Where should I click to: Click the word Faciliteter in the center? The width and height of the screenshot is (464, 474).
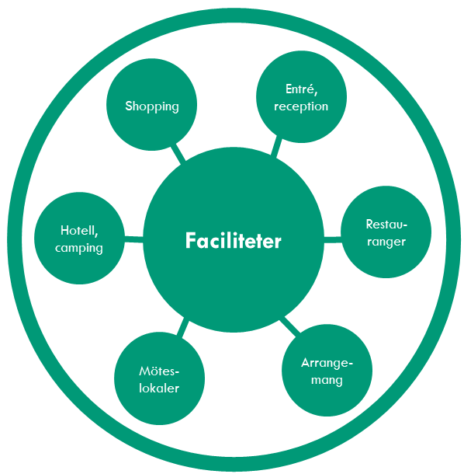(233, 241)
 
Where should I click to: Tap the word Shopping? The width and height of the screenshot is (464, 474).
(152, 106)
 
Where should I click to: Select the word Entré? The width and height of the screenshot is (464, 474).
(301, 89)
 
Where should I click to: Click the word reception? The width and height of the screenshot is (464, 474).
(301, 106)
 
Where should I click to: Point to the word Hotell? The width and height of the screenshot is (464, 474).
(79, 231)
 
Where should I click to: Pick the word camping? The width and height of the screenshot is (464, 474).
(79, 248)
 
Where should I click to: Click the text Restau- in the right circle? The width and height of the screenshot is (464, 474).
(386, 225)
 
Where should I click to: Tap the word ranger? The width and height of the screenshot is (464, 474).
(386, 242)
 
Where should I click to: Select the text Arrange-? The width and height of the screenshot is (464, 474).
(327, 363)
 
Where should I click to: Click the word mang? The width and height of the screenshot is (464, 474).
(327, 380)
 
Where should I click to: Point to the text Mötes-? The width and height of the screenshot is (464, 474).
(159, 371)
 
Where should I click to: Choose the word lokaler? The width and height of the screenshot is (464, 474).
(159, 389)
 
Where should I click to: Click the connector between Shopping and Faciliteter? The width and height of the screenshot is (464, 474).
(178, 152)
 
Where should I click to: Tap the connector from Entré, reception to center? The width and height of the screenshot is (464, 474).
(276, 148)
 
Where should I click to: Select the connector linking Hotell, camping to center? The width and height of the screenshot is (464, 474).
(133, 239)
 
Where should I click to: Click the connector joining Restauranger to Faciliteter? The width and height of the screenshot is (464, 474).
(333, 240)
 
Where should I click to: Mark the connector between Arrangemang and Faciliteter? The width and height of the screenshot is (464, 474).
(290, 326)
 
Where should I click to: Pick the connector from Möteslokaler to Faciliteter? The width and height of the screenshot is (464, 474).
(183, 329)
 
